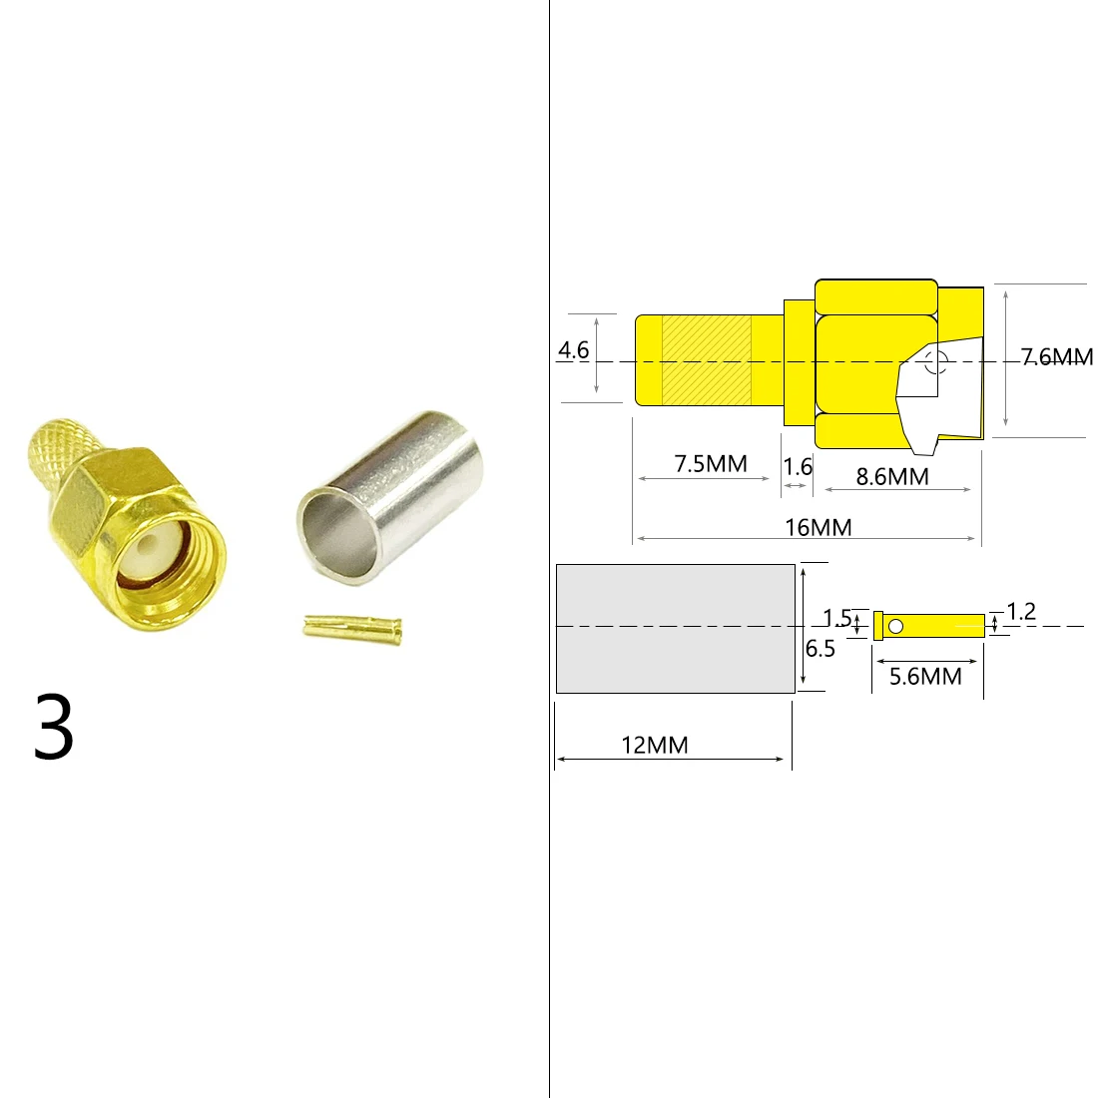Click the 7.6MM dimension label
click(x=1057, y=357)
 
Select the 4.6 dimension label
click(x=574, y=350)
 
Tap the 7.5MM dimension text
click(x=711, y=463)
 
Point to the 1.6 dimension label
click(x=798, y=466)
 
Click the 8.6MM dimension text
click(x=892, y=476)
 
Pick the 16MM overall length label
click(x=818, y=527)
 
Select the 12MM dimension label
click(x=655, y=745)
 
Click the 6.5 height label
click(x=820, y=649)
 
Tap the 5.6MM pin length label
click(x=925, y=677)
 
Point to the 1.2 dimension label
click(x=1021, y=612)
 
